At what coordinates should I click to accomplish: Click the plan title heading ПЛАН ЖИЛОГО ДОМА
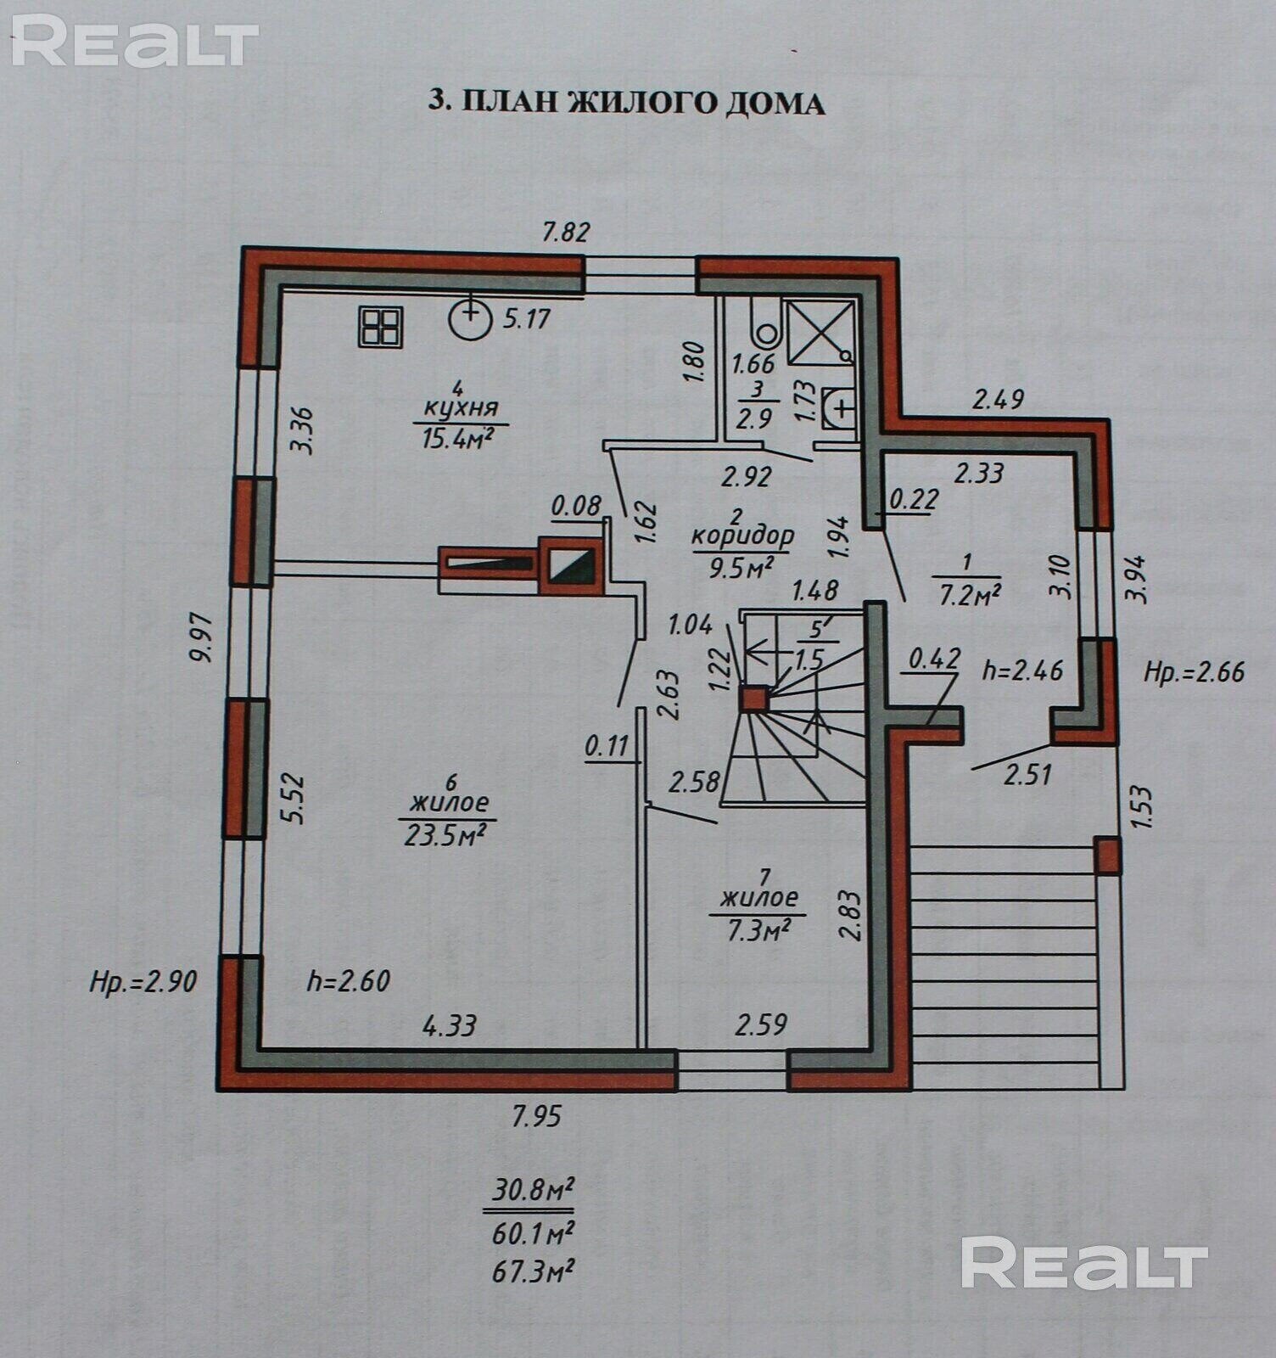pyautogui.click(x=626, y=102)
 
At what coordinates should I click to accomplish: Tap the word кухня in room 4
pyautogui.click(x=461, y=408)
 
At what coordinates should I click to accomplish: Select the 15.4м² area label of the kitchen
pyautogui.click(x=458, y=438)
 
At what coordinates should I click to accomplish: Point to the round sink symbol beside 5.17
pyautogui.click(x=470, y=319)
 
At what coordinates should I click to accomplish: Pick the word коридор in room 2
pyautogui.click(x=742, y=536)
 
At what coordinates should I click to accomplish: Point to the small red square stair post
pyautogui.click(x=753, y=699)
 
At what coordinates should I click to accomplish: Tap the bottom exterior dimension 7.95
pyautogui.click(x=536, y=1115)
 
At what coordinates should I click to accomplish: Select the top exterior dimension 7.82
pyautogui.click(x=566, y=232)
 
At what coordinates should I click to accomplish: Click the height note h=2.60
pyautogui.click(x=348, y=981)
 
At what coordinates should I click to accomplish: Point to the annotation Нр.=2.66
pyautogui.click(x=1194, y=672)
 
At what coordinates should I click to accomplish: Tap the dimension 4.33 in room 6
pyautogui.click(x=450, y=1025)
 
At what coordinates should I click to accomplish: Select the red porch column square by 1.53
pyautogui.click(x=1106, y=856)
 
